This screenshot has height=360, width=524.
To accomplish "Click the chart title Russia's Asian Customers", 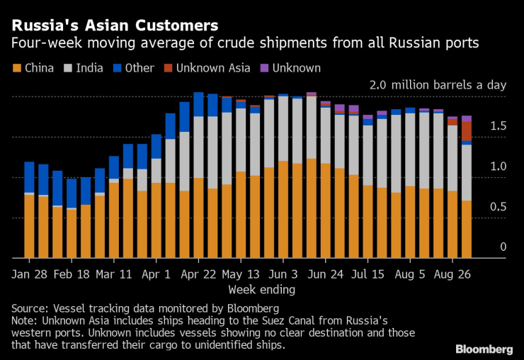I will click(114, 26).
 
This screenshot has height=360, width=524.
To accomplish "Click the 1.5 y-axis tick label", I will click(499, 126).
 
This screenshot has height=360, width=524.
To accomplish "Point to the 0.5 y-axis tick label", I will click(499, 207).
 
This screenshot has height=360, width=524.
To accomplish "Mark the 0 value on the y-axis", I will click(503, 247).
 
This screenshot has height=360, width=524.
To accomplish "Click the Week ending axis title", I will click(261, 289).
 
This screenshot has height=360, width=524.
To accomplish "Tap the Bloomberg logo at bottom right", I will click(484, 349).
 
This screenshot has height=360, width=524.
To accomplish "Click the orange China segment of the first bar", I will click(29, 225).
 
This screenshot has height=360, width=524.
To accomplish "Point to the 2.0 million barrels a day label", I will click(438, 85).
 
